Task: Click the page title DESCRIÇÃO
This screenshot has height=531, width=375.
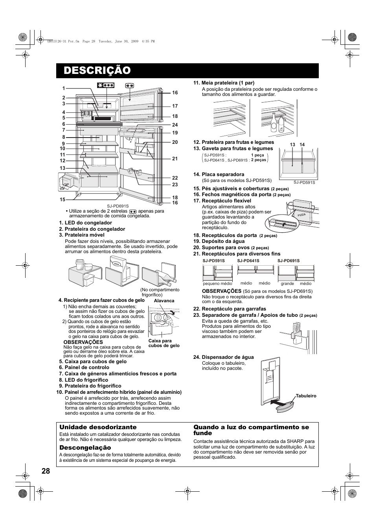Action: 97,71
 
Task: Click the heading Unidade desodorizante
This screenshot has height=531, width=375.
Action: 98,427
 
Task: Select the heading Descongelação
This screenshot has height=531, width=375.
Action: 85,448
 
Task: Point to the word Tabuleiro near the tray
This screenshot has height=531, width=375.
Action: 306,396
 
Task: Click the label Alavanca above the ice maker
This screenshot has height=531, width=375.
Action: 164,301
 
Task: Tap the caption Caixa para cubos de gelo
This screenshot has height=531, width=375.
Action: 164,343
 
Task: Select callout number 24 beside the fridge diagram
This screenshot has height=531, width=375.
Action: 175,125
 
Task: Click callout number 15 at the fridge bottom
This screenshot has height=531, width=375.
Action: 63,200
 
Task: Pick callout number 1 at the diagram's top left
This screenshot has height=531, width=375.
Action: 63,89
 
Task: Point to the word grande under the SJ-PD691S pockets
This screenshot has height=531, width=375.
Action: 287,283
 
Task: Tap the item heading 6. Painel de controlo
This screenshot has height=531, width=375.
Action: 84,367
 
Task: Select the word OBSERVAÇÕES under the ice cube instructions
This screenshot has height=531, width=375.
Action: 83,342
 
